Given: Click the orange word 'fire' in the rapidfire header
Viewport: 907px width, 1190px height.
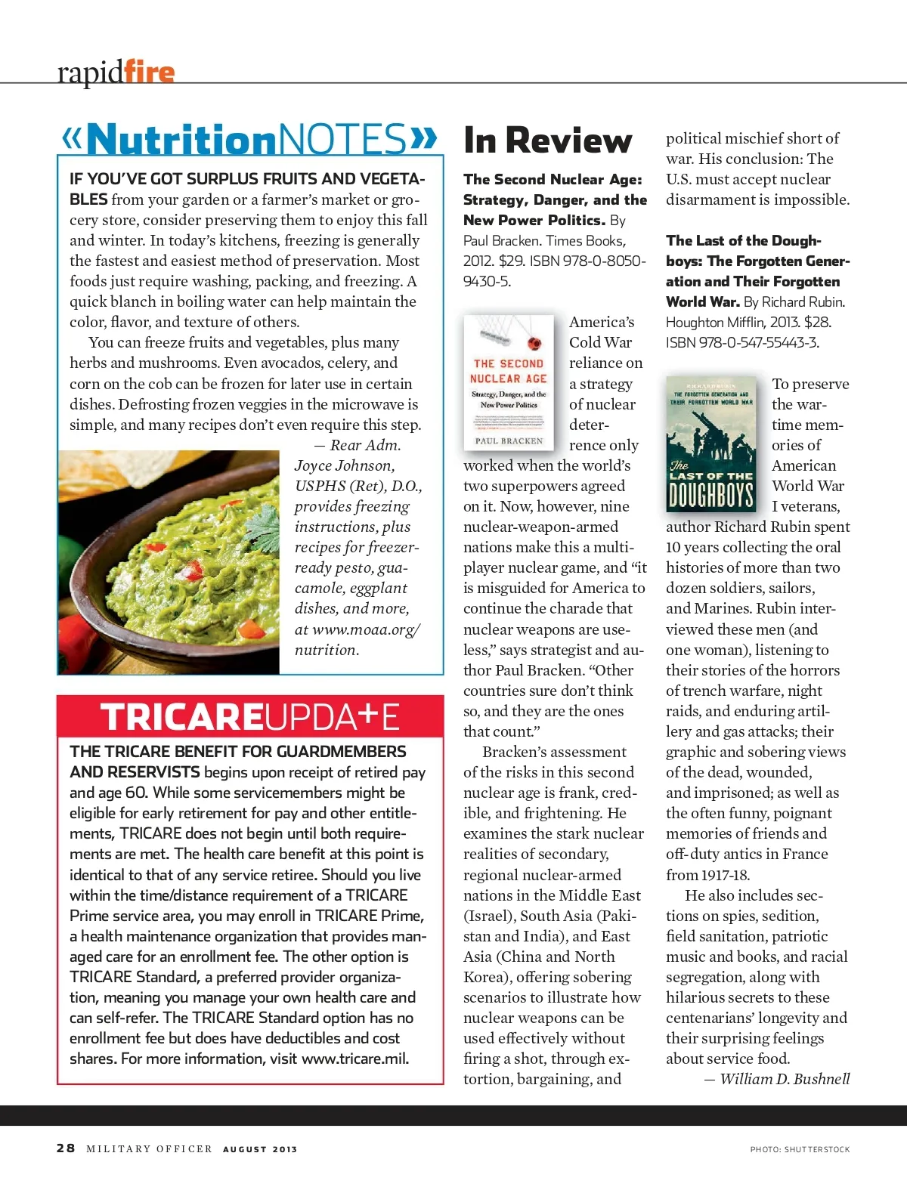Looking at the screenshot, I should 149,72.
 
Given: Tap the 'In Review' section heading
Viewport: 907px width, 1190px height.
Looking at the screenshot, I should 547,141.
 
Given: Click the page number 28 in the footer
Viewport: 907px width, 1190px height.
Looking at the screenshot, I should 66,1148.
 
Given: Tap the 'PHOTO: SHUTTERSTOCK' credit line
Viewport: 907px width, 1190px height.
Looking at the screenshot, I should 800,1149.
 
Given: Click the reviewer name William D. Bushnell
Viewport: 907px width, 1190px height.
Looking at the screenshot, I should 785,1079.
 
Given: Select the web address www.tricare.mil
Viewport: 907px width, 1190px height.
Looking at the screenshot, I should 354,1059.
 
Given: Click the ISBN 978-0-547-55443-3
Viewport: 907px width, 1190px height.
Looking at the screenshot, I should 742,342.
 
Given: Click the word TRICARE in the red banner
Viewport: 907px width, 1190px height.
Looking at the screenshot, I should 181,717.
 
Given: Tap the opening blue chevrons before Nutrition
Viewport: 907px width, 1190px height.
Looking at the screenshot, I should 72,138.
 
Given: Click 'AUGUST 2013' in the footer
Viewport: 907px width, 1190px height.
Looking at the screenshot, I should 260,1149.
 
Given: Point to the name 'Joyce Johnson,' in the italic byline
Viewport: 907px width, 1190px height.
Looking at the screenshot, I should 345,465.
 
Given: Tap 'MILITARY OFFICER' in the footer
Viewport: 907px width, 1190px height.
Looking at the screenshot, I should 149,1148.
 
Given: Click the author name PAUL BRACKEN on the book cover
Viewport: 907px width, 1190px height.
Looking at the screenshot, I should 509,440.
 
